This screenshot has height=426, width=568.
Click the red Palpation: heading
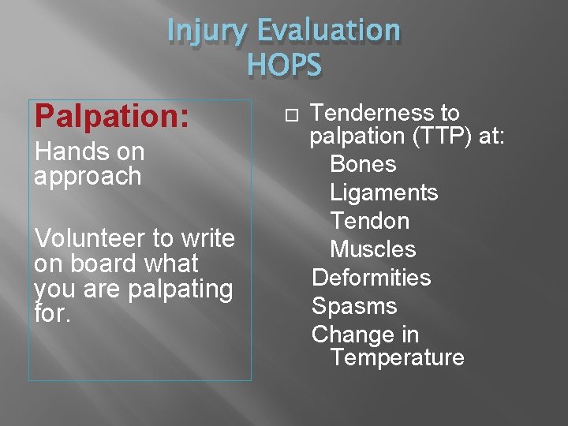(x=111, y=116)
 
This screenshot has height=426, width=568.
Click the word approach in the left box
(x=88, y=176)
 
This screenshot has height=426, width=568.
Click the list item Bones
(x=363, y=164)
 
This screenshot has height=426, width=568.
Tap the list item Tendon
(x=369, y=221)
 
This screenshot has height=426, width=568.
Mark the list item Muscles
(x=372, y=249)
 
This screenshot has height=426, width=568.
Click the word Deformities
(x=371, y=278)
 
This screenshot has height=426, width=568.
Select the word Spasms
(x=354, y=306)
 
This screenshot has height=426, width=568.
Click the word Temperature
(x=398, y=357)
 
